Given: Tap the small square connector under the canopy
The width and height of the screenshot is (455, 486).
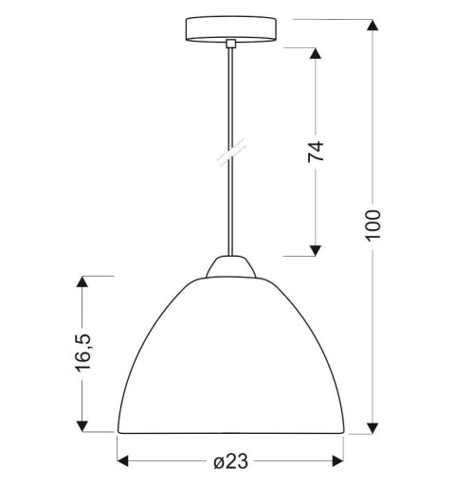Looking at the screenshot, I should click(x=230, y=43).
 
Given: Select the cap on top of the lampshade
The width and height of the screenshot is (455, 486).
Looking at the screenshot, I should click(x=230, y=268).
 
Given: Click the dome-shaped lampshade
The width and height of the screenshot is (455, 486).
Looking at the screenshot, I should click(x=230, y=360).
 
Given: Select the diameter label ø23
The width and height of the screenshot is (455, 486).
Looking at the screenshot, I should click(x=230, y=461).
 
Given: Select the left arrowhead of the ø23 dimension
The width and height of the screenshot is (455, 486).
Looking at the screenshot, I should click(x=122, y=461).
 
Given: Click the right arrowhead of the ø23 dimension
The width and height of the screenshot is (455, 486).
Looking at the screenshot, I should click(x=339, y=461).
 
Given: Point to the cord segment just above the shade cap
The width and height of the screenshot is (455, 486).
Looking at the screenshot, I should click(x=230, y=237).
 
